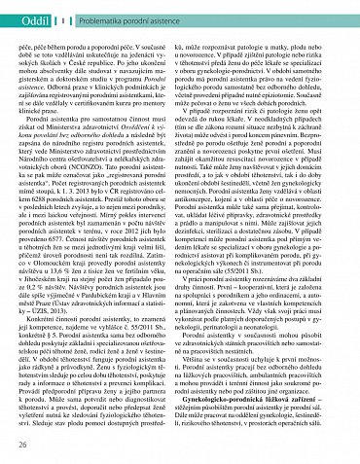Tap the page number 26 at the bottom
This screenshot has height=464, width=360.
point(22,445)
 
